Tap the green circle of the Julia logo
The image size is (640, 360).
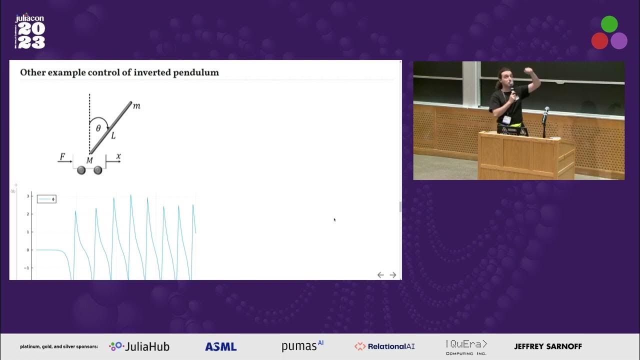(x=609, y=24)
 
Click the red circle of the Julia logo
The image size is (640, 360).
(x=599, y=40)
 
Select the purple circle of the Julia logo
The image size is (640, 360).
(x=618, y=40)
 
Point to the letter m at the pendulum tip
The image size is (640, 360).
(x=136, y=106)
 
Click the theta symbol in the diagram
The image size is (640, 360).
(x=98, y=128)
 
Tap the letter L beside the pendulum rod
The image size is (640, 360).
(x=113, y=135)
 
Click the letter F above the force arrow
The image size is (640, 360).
(x=62, y=157)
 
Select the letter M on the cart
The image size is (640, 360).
(x=89, y=160)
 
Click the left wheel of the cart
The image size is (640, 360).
(x=81, y=170)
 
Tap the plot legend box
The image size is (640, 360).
(x=46, y=199)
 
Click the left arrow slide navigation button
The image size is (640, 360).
(x=380, y=275)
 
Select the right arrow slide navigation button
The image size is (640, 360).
(x=393, y=275)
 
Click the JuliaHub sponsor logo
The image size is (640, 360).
(x=139, y=346)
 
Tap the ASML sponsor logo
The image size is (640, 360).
(x=220, y=346)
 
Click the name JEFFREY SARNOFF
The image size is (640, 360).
(x=548, y=346)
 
